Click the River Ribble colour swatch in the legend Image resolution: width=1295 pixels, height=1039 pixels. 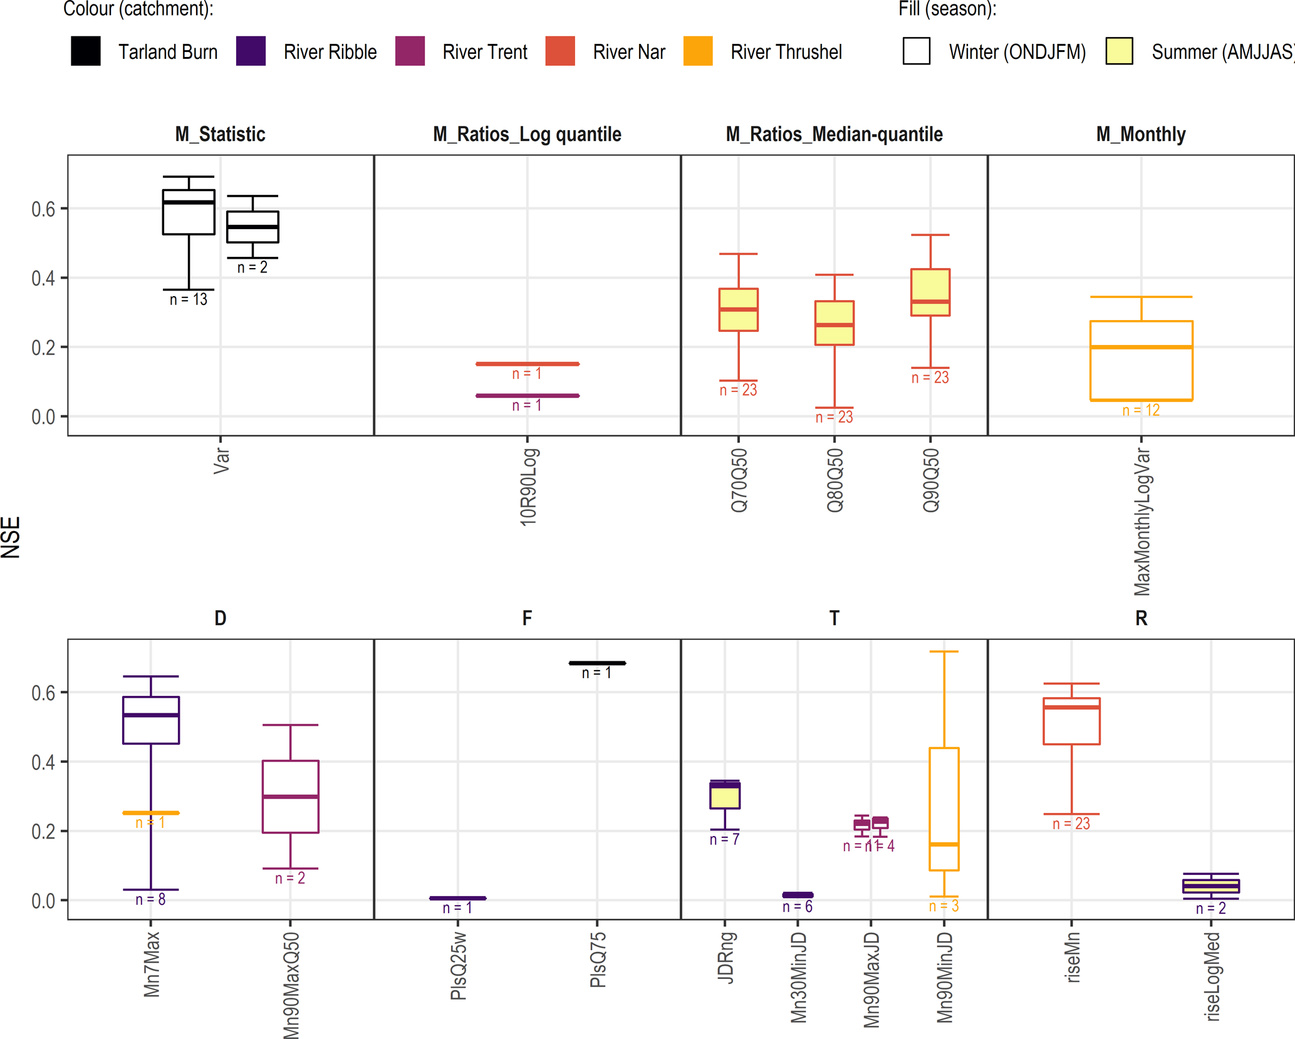[251, 51]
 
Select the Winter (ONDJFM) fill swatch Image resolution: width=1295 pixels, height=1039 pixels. [916, 51]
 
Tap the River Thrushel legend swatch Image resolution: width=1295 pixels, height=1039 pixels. [698, 51]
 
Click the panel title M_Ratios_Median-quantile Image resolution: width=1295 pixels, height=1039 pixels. [834, 134]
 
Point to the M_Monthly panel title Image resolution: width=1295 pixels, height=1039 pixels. [1141, 134]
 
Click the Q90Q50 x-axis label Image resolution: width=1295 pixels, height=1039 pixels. [931, 481]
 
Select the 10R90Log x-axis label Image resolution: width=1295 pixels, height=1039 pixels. [529, 487]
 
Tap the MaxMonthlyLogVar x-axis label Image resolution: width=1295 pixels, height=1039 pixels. [1142, 522]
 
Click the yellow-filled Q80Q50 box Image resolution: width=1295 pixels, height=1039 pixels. [834, 323]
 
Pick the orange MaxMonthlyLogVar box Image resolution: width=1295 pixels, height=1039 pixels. [1141, 361]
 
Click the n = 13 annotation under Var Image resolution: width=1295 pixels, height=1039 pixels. [189, 300]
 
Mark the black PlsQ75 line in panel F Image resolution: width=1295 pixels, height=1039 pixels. [597, 663]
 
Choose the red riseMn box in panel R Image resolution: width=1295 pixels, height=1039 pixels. [1071, 721]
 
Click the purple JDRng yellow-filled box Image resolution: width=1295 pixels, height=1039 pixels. [725, 795]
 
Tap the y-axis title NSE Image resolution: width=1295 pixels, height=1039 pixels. [11, 537]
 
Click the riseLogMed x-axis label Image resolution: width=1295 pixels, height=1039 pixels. [1212, 976]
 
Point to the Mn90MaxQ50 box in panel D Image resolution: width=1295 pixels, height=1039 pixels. [291, 797]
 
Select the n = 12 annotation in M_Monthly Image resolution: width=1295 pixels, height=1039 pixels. [1141, 411]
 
